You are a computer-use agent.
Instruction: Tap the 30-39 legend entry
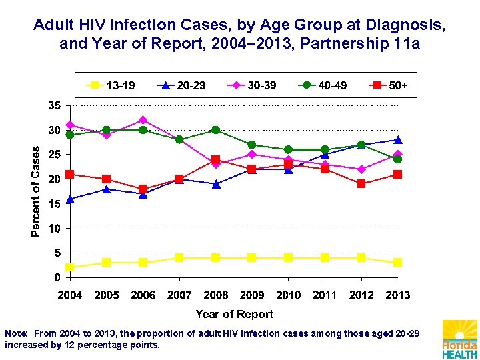(253, 85)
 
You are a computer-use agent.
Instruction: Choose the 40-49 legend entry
(323, 85)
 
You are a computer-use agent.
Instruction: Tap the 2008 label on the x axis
(215, 295)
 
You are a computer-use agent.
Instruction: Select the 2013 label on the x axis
(397, 295)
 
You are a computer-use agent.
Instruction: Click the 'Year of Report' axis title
(234, 314)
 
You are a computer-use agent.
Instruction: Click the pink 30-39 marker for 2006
(143, 120)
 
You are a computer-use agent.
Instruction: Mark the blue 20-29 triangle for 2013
(397, 140)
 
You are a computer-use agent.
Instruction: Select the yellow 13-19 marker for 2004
(70, 267)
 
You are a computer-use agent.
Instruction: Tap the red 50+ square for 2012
(361, 184)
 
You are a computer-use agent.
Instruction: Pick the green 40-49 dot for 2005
(107, 130)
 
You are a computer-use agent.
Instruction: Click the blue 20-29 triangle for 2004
(70, 199)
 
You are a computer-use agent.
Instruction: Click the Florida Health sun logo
(460, 339)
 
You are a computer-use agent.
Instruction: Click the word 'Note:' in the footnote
(16, 333)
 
